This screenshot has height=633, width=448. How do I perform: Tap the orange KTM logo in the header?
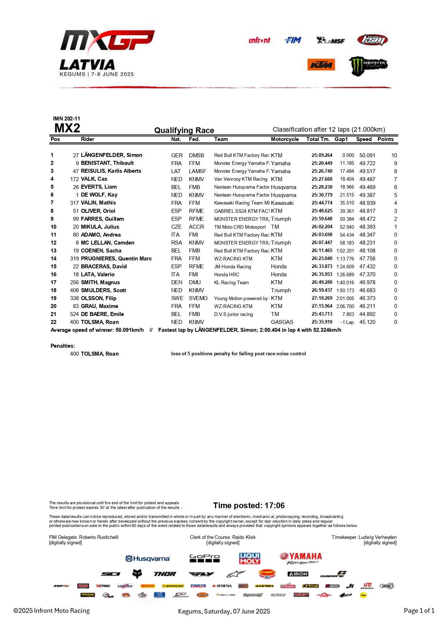(x=321, y=65)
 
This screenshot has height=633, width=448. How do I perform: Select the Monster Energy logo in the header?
(x=368, y=66)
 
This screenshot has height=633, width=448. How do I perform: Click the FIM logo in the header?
(x=293, y=40)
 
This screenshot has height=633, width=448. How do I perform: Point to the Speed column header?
(x=363, y=139)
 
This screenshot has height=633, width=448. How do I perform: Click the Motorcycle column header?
(x=285, y=139)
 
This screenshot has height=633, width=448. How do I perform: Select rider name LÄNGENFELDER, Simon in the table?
(x=111, y=155)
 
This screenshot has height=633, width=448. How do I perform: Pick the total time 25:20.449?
(x=322, y=163)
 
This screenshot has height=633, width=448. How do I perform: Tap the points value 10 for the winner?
(x=394, y=155)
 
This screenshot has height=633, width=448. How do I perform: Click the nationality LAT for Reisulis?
(x=176, y=171)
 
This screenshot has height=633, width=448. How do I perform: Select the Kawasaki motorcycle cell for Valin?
(x=282, y=203)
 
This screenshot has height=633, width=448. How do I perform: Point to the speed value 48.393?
(x=367, y=227)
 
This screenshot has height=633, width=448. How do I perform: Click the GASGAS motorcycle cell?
(x=282, y=322)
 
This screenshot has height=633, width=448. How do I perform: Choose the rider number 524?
(x=74, y=314)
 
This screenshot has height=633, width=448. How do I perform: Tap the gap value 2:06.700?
(x=345, y=306)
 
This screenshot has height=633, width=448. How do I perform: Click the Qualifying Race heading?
(x=184, y=130)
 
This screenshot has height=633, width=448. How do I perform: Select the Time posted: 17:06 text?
(x=249, y=505)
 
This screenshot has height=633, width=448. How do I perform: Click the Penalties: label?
(x=63, y=346)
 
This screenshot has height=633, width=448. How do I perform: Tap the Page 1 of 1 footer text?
(x=419, y=611)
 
